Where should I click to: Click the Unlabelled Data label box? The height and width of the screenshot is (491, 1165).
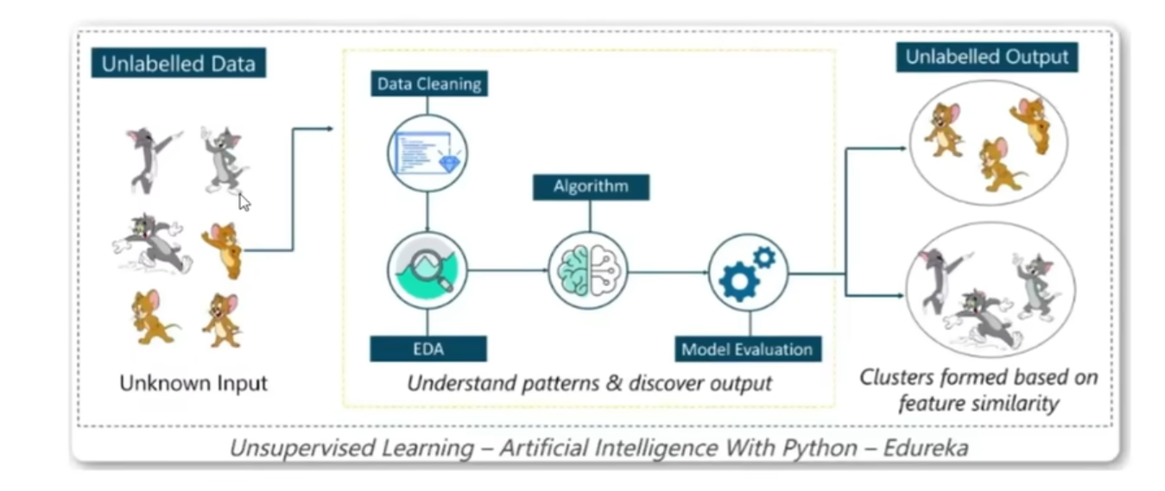coord(178,64)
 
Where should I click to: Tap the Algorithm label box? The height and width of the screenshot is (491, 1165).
coord(591,186)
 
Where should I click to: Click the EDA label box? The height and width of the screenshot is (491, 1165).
coord(427,349)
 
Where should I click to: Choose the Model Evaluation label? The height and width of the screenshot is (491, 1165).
coord(747,349)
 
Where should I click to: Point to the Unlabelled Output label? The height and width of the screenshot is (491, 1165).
coord(986,58)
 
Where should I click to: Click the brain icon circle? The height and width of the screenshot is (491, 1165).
coord(589,272)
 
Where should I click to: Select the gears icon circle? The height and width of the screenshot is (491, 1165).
coord(748,272)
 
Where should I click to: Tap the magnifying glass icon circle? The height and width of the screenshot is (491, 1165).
coord(427,272)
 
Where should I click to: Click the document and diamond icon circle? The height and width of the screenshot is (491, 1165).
coord(427,153)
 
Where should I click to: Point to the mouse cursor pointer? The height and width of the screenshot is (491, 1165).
coord(244,202)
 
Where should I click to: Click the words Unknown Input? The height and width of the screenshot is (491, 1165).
coord(193,383)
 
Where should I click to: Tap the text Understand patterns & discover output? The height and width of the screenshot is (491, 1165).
coord(589,383)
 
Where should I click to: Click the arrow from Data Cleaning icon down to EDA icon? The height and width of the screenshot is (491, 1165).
coord(427,212)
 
